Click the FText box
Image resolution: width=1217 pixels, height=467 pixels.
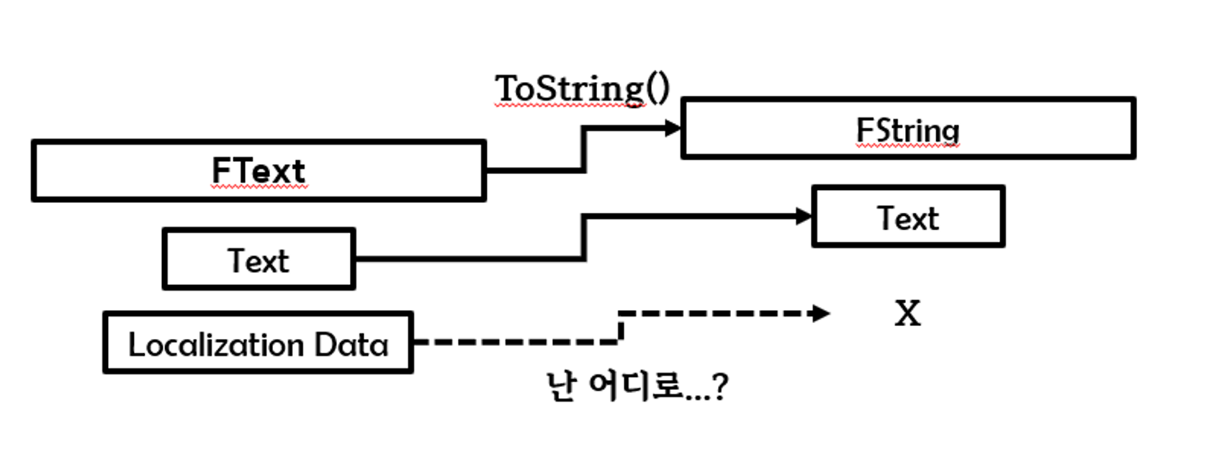point(259,171)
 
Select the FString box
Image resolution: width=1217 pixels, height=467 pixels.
point(907,128)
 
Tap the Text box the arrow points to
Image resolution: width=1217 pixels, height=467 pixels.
point(907,217)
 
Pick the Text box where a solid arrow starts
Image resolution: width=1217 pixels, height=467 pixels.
point(259,259)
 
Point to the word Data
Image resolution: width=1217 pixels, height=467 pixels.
point(351,345)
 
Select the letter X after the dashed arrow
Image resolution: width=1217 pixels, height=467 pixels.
point(907,314)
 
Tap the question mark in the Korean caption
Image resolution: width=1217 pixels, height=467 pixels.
point(719,387)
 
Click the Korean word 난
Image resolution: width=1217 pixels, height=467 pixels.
point(561,386)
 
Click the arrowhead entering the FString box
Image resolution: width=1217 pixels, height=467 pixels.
point(673,129)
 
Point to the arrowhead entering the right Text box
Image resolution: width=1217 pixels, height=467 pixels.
point(804,216)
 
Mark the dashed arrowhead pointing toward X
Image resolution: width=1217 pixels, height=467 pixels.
point(820,313)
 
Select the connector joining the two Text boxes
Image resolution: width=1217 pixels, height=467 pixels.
point(584,237)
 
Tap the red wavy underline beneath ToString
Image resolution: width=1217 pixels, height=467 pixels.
point(569,106)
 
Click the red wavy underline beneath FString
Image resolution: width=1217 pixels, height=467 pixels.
point(907,146)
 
